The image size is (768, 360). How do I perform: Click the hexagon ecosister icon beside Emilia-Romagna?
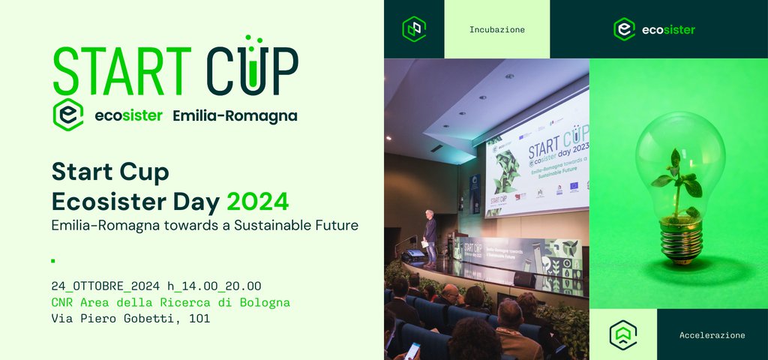67,115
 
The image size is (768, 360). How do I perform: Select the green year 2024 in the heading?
257,201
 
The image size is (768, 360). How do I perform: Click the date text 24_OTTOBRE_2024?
106,286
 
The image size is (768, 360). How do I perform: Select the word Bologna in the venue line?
264,302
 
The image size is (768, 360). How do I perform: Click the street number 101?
199,319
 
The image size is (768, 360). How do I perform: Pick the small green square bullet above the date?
53,261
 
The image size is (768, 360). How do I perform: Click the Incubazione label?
496,30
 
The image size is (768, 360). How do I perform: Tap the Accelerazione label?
712,335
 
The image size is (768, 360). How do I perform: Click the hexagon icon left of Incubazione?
414,29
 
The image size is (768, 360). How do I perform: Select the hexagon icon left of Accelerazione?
622,334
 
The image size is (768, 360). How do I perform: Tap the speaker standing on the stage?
430,235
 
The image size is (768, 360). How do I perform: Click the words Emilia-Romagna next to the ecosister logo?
235,115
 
